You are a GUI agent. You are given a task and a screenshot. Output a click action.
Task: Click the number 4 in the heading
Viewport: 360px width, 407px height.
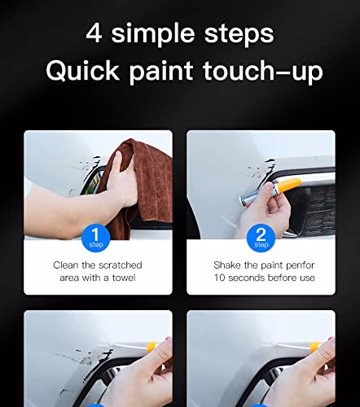(94, 33)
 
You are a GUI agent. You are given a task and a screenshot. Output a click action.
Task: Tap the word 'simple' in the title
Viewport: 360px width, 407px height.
(153, 33)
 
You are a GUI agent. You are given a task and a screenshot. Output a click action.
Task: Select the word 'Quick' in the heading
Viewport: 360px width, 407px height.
(82, 70)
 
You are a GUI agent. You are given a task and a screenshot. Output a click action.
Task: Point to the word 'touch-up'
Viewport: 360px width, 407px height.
(263, 72)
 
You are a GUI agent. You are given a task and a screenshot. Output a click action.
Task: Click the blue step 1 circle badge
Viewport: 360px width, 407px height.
(95, 238)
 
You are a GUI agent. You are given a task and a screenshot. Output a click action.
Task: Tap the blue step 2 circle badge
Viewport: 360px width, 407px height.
(261, 238)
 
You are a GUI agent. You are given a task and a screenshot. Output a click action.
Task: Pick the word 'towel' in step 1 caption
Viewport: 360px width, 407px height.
(124, 278)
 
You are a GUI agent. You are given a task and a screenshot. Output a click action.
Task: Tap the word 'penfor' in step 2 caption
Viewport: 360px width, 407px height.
(300, 265)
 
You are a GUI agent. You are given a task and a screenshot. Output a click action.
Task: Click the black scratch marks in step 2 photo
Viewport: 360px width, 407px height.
(259, 169)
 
